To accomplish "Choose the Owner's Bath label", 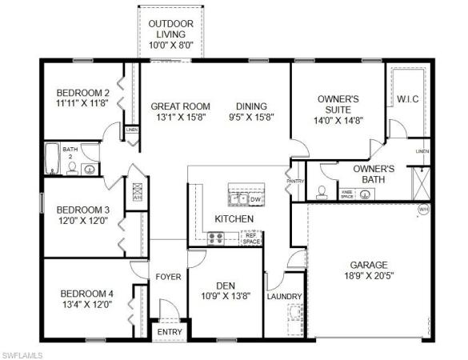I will tap(374, 169).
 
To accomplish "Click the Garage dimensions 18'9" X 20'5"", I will tap(368, 277).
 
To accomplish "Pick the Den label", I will tap(225, 285).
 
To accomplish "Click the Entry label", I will tap(169, 332).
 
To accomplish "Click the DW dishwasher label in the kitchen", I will tap(256, 199).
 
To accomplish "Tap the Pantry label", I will tap(294, 182).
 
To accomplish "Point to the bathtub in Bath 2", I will tap(53, 158).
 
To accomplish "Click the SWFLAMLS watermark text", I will tap(25, 353).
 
